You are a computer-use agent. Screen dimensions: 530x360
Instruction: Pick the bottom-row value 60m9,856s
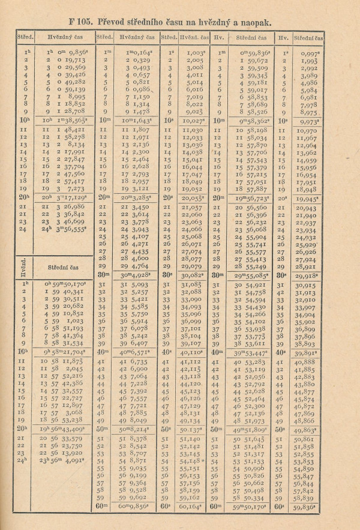click(x=131, y=505)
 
